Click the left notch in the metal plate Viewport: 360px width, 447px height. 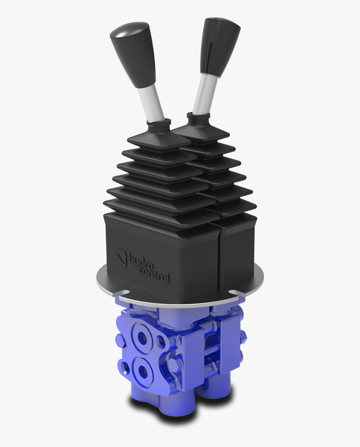pyautogui.click(x=124, y=293)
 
